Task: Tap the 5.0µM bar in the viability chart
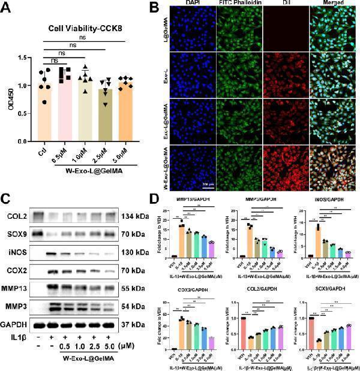(x=126, y=114)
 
